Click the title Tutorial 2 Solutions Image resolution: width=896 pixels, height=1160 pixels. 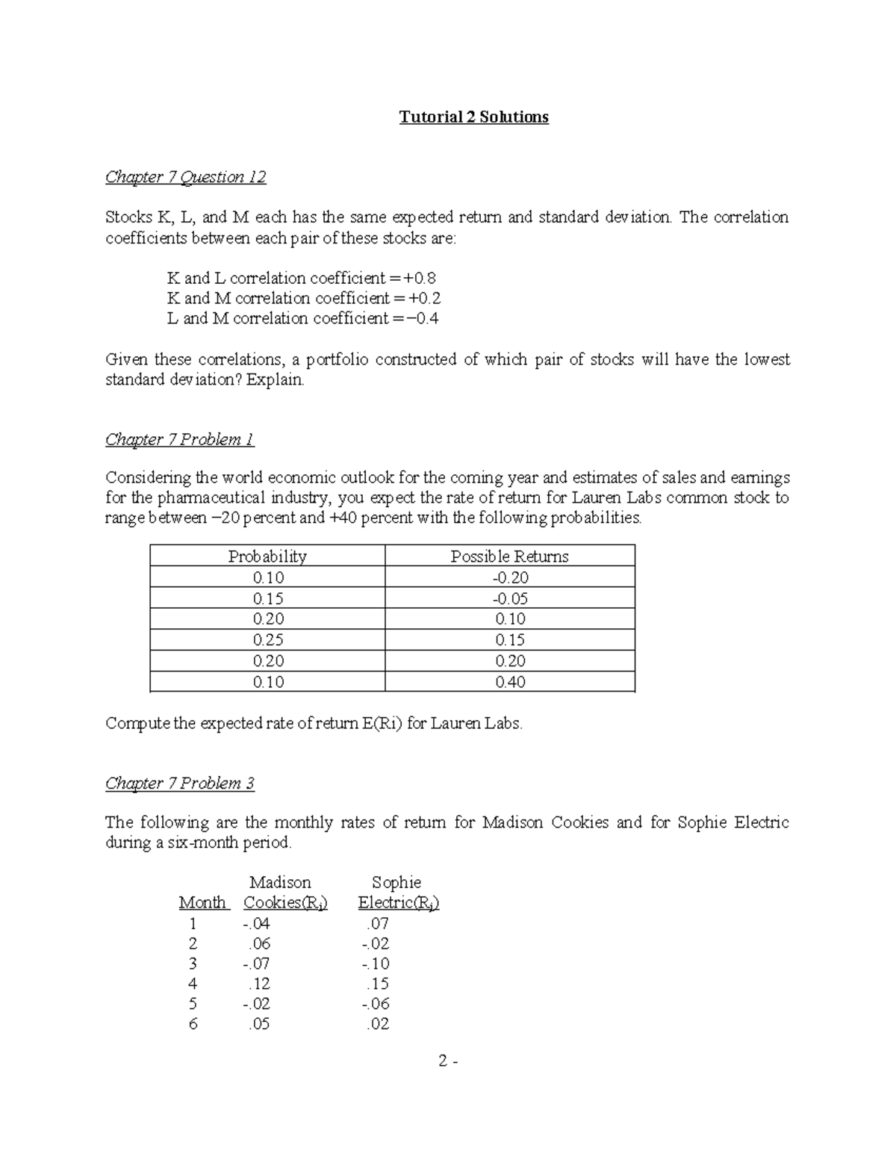(473, 117)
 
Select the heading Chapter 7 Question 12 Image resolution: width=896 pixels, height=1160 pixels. (185, 177)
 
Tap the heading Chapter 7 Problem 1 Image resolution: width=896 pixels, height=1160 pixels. (179, 439)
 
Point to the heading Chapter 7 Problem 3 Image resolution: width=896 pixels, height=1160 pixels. (179, 783)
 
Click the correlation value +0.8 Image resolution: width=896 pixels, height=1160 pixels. (420, 279)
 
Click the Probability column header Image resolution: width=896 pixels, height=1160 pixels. (267, 556)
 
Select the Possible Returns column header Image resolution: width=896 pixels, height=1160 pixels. (509, 556)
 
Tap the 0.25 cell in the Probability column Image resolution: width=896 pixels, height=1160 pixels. (267, 640)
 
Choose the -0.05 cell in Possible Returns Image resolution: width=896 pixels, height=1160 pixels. (509, 598)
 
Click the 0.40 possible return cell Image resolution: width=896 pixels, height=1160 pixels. (509, 682)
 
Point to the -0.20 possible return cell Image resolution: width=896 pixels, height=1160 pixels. (509, 577)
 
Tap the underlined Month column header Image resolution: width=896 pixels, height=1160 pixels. (202, 903)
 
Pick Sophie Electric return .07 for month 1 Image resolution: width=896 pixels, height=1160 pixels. (378, 924)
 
